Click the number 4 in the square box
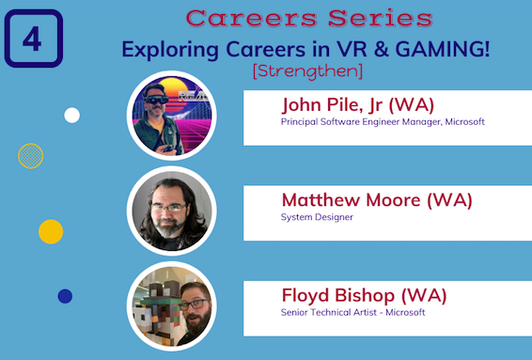click(32, 39)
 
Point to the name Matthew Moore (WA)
click(376, 199)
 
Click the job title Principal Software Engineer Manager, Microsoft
click(383, 121)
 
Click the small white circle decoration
click(71, 116)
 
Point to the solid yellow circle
click(51, 231)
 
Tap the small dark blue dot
click(65, 296)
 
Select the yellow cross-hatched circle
click(31, 155)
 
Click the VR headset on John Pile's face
click(156, 99)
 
